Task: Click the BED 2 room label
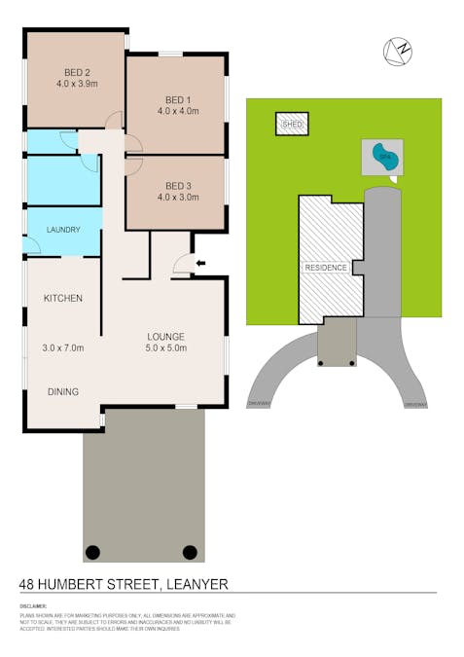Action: point(77,71)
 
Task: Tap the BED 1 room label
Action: point(177,99)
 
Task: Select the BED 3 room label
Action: point(177,185)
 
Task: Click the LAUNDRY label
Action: point(63,230)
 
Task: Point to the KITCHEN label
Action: point(62,298)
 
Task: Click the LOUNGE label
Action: point(165,334)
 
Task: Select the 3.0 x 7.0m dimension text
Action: point(63,347)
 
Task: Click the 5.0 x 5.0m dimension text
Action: point(165,347)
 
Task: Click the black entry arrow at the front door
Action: point(201,262)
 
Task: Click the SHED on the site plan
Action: point(292,126)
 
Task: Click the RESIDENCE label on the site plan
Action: point(324,267)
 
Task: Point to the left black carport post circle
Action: point(92,552)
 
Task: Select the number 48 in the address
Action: point(28,584)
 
